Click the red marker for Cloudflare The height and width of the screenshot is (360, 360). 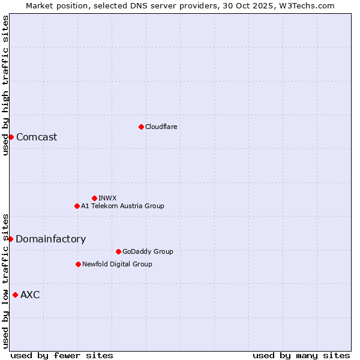[141, 127]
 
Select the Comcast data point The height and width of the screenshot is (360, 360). [11, 137]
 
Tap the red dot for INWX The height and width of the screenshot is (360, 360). [94, 198]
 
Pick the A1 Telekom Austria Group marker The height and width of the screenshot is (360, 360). [77, 206]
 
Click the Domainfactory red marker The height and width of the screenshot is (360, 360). [10, 239]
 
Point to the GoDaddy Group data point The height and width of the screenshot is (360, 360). [118, 251]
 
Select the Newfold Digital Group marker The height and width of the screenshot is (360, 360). [78, 264]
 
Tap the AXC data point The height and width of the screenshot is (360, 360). [15, 295]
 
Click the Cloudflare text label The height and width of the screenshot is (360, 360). [161, 127]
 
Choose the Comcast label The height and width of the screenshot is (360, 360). [37, 137]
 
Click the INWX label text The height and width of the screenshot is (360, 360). [107, 198]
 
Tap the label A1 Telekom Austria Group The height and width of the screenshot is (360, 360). [122, 206]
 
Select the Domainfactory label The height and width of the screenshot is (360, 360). [50, 239]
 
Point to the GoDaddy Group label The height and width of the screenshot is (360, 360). [147, 251]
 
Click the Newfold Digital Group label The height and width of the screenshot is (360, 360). [117, 264]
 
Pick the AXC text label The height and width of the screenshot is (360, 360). [30, 295]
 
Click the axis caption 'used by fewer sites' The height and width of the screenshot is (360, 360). [62, 355]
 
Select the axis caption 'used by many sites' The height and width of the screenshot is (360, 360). [301, 355]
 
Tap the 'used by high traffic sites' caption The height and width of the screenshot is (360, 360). [6, 85]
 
